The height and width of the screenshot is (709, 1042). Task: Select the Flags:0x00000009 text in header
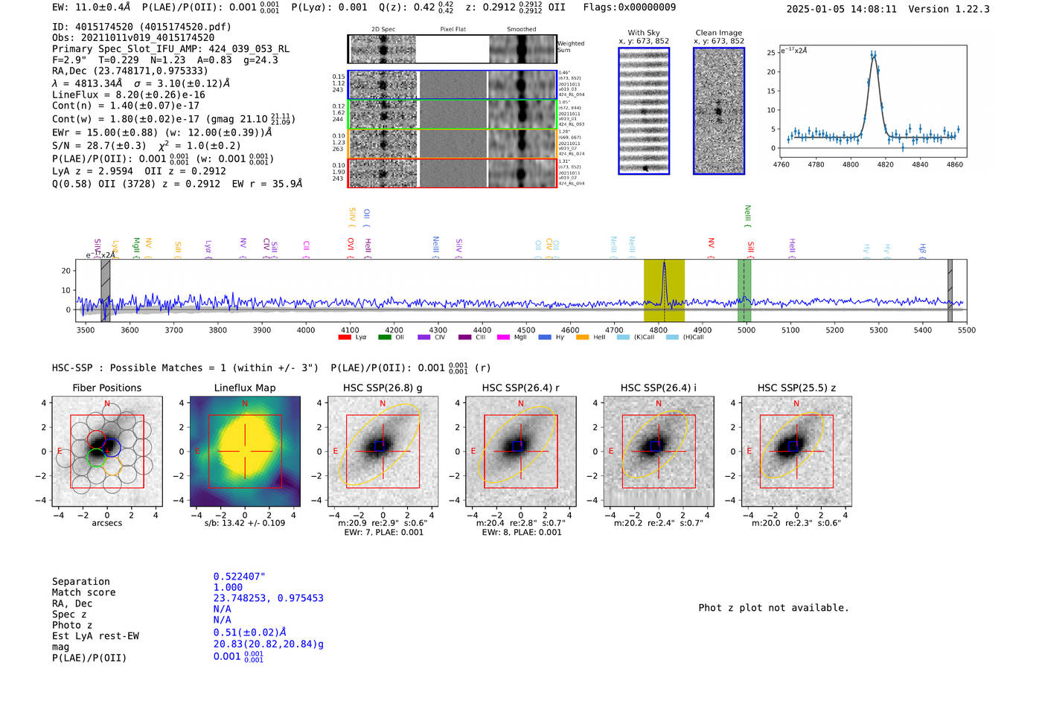pyautogui.click(x=630, y=7)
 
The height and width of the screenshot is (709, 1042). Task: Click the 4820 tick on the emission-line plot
pyautogui.click(x=885, y=164)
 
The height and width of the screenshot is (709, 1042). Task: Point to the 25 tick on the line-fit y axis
pyautogui.click(x=771, y=53)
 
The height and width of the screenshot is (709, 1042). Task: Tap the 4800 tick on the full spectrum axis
pyautogui.click(x=658, y=330)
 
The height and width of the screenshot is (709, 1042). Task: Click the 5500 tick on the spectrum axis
pyautogui.click(x=966, y=330)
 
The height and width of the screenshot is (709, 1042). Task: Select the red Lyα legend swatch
pyautogui.click(x=345, y=338)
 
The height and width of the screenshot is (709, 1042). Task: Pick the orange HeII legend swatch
pyautogui.click(x=582, y=338)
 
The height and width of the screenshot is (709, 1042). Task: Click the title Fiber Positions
pyautogui.click(x=106, y=388)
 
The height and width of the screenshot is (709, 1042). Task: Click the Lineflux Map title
pyautogui.click(x=244, y=388)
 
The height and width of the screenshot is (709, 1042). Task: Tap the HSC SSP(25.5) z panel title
pyautogui.click(x=796, y=388)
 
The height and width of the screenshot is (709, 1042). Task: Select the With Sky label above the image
pyautogui.click(x=643, y=33)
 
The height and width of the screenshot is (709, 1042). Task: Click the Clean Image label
pyautogui.click(x=718, y=33)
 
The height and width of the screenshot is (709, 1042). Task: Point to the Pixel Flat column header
pyautogui.click(x=453, y=30)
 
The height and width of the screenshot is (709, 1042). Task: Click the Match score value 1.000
pyautogui.click(x=228, y=587)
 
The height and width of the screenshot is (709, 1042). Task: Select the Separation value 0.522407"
pyautogui.click(x=239, y=577)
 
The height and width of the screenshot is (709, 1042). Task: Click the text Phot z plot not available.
pyautogui.click(x=773, y=608)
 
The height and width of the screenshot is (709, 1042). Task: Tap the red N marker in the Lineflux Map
pyautogui.click(x=245, y=404)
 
